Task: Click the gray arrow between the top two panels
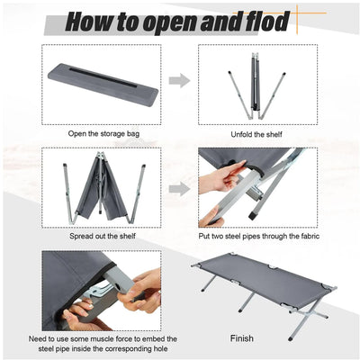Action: (x=179, y=81)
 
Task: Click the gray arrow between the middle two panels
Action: (x=179, y=188)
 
